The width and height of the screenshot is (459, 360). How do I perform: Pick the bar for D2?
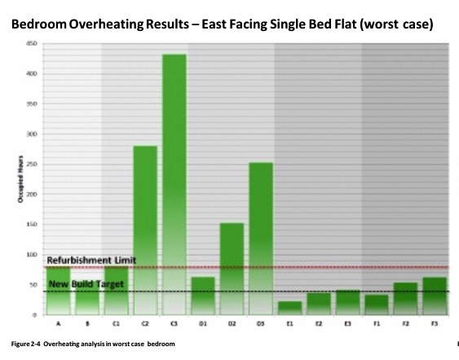pyautogui.click(x=232, y=269)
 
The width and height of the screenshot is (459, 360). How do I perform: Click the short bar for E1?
pyautogui.click(x=289, y=308)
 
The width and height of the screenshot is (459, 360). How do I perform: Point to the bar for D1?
pyautogui.click(x=202, y=296)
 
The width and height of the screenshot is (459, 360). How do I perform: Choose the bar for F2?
pyautogui.click(x=406, y=299)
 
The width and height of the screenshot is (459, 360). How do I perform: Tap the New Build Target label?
pyautogui.click(x=86, y=284)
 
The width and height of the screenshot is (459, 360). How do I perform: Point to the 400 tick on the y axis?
pyautogui.click(x=33, y=73)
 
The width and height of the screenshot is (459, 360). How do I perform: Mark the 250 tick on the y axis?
pyautogui.click(x=33, y=164)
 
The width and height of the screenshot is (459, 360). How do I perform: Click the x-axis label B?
pyautogui.click(x=87, y=323)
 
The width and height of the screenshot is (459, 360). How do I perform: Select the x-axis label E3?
pyautogui.click(x=347, y=323)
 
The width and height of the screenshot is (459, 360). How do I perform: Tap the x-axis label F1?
pyautogui.click(x=377, y=323)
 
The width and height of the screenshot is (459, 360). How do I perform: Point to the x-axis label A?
pyautogui.click(x=58, y=323)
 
